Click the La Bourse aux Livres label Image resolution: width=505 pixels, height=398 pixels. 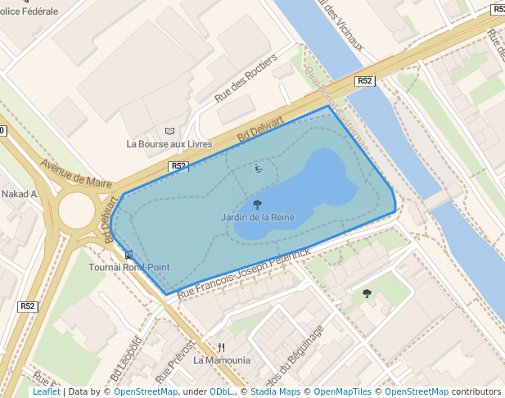[169, 143]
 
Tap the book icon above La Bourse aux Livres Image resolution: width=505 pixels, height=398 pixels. [169, 131]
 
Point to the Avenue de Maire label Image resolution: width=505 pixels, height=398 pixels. [75, 172]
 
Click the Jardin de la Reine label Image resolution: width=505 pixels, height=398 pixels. [257, 218]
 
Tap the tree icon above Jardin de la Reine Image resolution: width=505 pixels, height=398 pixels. [257, 205]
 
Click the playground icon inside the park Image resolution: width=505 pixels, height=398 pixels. [259, 169]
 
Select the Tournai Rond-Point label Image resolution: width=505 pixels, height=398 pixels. [129, 267]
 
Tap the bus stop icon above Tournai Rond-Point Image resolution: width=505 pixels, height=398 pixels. [129, 255]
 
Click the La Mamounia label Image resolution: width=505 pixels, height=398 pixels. [222, 360]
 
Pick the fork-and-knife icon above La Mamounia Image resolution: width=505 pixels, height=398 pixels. [221, 346]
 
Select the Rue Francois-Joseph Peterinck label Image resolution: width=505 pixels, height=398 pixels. [244, 273]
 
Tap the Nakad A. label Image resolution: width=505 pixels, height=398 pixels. [20, 194]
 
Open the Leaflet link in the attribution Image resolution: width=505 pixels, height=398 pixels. [46, 391]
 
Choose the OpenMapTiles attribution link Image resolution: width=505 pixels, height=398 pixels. [344, 391]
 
